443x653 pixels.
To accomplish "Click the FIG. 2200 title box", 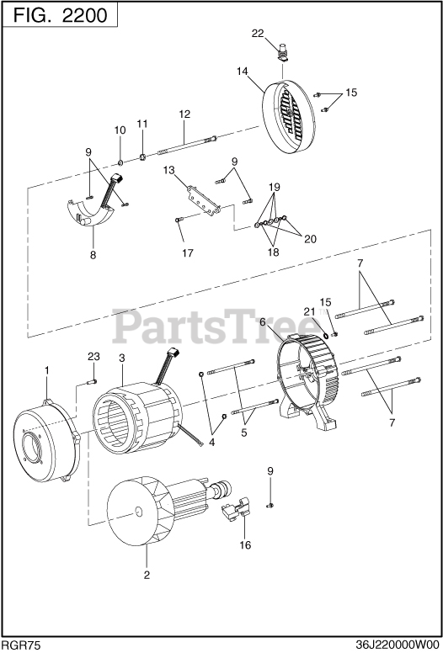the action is pyautogui.click(x=60, y=15).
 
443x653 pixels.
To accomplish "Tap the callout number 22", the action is pyautogui.click(x=258, y=34).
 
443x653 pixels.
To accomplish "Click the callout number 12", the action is pyautogui.click(x=184, y=114).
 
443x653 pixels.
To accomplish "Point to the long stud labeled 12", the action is pyautogui.click(x=187, y=145).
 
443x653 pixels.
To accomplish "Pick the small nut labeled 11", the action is pyautogui.click(x=142, y=157).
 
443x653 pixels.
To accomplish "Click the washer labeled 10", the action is pyautogui.click(x=120, y=162).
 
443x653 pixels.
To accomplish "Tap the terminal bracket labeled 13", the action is pyautogui.click(x=204, y=201).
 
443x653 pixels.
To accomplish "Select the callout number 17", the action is pyautogui.click(x=188, y=252).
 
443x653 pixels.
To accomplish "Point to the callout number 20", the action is pyautogui.click(x=310, y=239).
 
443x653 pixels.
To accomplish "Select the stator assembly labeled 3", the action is pyautogui.click(x=137, y=417).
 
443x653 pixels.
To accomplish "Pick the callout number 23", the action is pyautogui.click(x=93, y=357).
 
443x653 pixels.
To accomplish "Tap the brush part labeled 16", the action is pyautogui.click(x=236, y=508).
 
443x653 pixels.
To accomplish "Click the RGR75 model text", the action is pyautogui.click(x=21, y=645).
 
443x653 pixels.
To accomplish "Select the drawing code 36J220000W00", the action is pyautogui.click(x=398, y=645).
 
